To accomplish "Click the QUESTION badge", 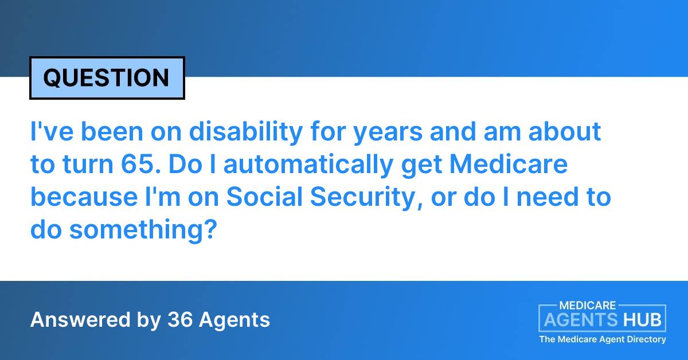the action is [x=107, y=78].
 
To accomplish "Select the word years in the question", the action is [x=388, y=134].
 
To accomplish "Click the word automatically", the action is [x=308, y=165].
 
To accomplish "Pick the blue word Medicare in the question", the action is [x=509, y=164].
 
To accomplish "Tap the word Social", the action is [x=264, y=196].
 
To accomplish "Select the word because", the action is [x=84, y=196].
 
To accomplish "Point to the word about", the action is [x=565, y=131].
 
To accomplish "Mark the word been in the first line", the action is [x=112, y=131].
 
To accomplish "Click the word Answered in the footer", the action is [x=80, y=319].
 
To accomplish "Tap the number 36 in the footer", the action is [x=179, y=319].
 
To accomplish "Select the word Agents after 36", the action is [x=234, y=320].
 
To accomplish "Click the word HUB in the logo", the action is [x=642, y=320].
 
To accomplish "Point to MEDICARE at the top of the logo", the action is [x=588, y=306].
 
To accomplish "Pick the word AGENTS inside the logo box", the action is [x=580, y=320].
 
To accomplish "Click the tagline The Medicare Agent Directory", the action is [x=603, y=339].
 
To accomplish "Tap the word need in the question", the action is [x=548, y=196].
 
